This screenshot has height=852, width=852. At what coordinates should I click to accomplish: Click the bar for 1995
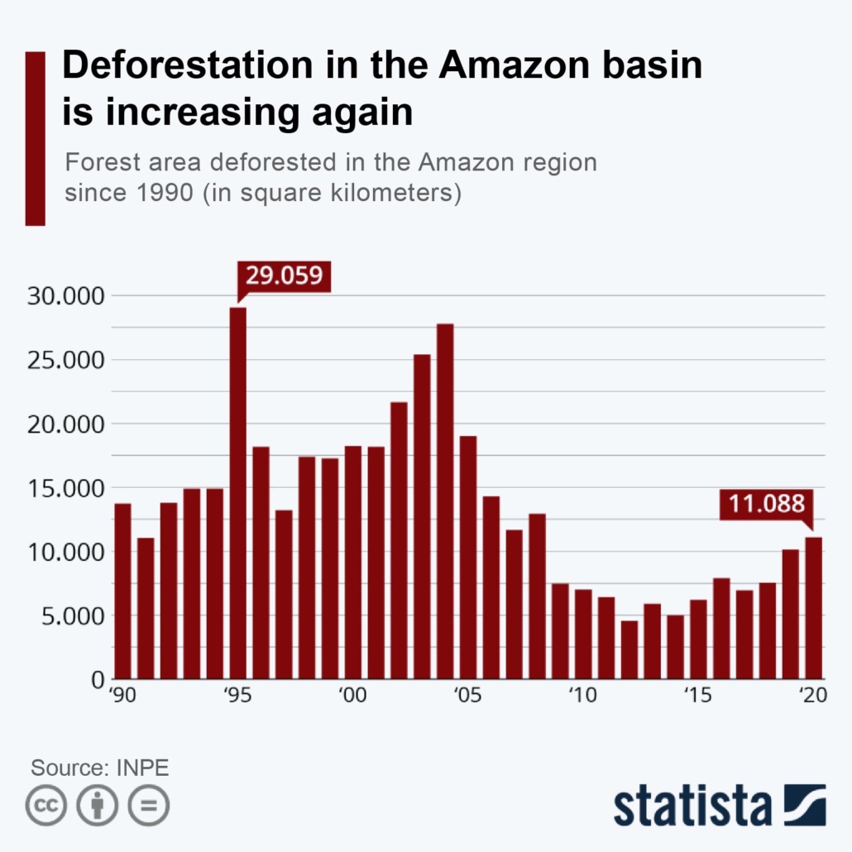click(x=237, y=492)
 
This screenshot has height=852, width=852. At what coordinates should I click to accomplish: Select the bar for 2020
click(x=814, y=608)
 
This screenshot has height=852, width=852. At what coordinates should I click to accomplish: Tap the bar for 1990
click(x=122, y=591)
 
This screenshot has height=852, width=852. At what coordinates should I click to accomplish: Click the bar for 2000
click(x=353, y=562)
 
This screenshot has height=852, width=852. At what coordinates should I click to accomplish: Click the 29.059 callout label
click(x=284, y=275)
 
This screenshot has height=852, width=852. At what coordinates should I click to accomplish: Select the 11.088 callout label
click(x=766, y=504)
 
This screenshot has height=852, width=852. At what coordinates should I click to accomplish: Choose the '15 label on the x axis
click(x=697, y=696)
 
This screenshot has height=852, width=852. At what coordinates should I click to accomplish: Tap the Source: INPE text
click(x=100, y=768)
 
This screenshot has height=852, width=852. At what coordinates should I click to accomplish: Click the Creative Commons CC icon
click(x=46, y=805)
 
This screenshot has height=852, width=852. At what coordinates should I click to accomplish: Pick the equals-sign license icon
click(x=149, y=805)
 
